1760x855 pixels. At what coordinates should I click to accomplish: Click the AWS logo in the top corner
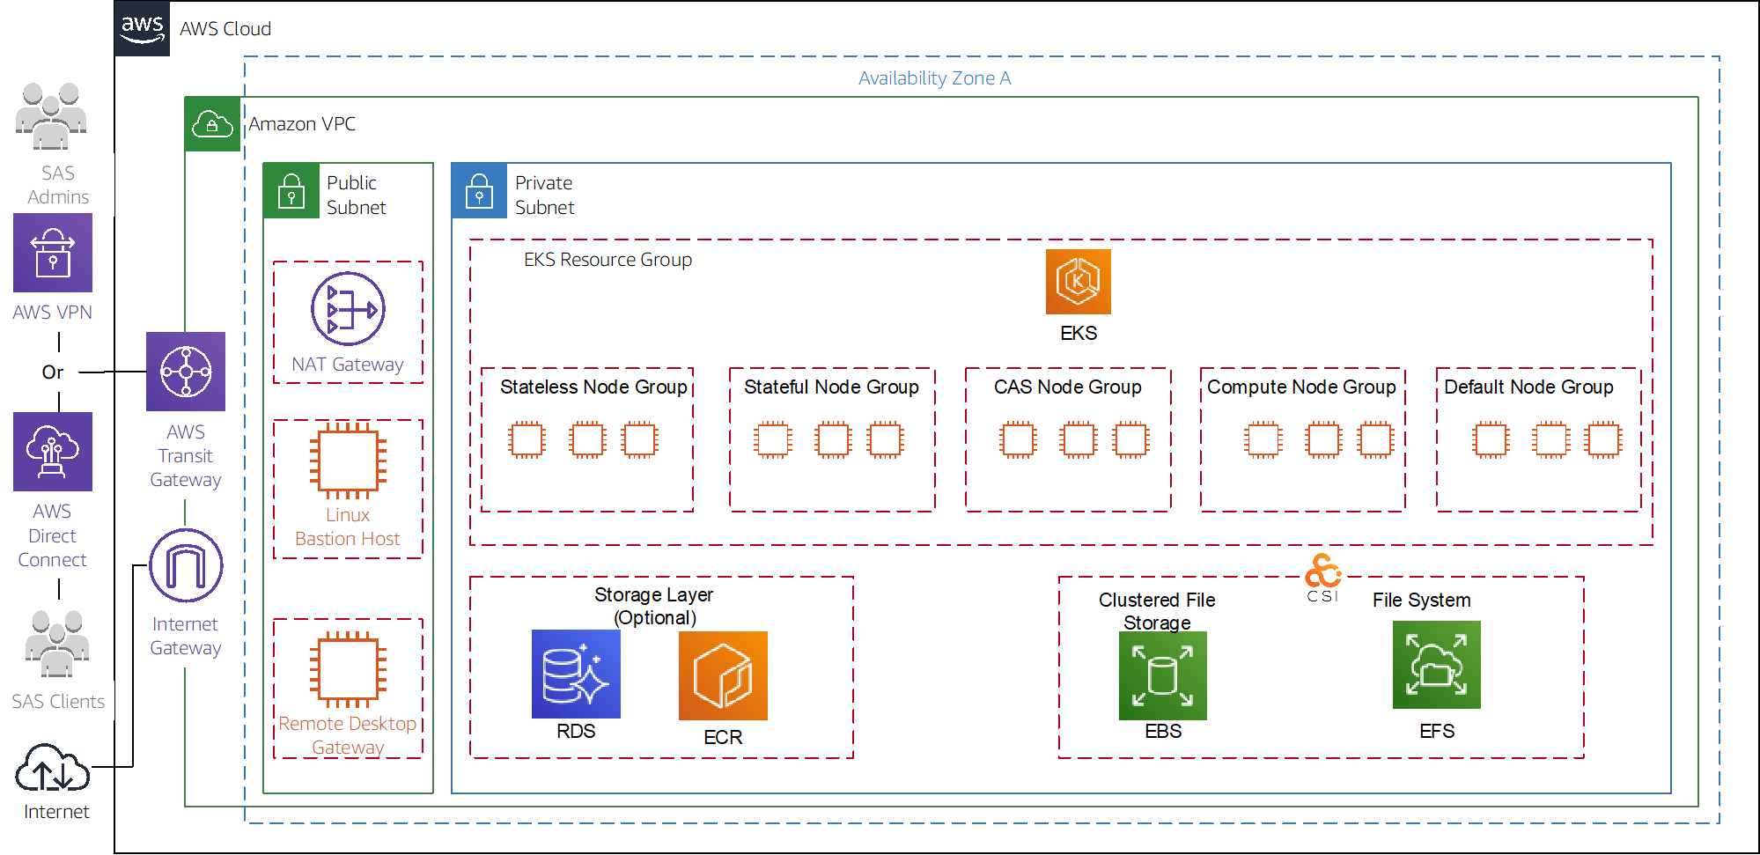coord(142,28)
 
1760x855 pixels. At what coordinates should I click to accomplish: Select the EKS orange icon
coord(1078,282)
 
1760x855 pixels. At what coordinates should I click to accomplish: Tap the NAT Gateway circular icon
coord(348,309)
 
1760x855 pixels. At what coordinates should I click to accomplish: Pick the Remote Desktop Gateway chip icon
coord(348,669)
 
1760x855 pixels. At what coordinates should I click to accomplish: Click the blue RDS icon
coord(576,674)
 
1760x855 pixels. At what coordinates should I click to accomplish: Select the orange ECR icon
coord(723,676)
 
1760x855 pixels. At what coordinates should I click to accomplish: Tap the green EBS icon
coord(1162,675)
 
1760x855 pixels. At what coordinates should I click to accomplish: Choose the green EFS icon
coord(1436,665)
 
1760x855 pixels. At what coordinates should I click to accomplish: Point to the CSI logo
coord(1322,578)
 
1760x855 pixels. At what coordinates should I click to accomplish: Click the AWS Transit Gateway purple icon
coord(186,372)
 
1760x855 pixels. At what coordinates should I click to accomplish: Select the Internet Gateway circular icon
coord(186,565)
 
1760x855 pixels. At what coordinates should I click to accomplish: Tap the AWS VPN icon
coord(53,253)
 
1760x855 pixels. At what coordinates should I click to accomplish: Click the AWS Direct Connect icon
coord(53,452)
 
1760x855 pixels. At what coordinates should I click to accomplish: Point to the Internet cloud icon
coord(53,769)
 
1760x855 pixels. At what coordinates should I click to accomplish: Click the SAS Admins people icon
coord(51,116)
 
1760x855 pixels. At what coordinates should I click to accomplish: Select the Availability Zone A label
coord(934,78)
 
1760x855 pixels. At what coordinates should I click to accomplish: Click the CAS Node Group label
coord(1067,387)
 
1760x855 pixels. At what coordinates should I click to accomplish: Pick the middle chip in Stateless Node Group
coord(587,440)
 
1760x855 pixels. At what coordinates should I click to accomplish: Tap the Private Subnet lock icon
coord(479,190)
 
